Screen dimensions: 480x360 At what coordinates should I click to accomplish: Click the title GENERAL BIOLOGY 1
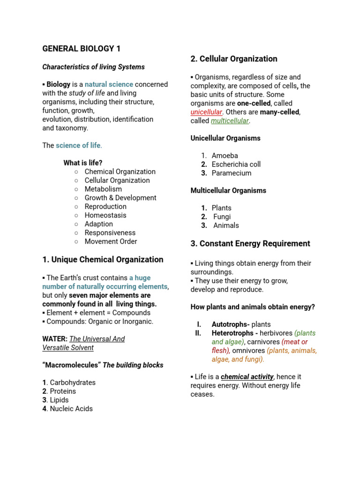[x=82, y=49]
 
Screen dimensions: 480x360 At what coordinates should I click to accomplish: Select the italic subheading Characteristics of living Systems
[x=93, y=67]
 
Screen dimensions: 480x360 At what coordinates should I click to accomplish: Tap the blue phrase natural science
[x=109, y=84]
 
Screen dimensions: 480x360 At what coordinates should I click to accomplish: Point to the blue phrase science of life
[x=78, y=145]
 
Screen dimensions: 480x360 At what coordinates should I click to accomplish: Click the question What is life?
[x=83, y=163]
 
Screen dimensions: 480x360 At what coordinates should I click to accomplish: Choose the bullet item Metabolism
[x=103, y=189]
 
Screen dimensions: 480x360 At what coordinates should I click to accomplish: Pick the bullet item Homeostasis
[x=105, y=216]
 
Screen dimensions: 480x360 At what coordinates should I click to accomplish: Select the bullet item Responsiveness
[x=110, y=233]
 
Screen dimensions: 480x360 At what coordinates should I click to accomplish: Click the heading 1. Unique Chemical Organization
[x=103, y=260]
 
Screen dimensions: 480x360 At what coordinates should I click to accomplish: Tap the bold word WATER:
[x=55, y=339]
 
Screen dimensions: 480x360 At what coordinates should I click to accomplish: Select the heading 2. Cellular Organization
[x=234, y=59]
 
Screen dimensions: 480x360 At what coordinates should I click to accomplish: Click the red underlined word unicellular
[x=206, y=112]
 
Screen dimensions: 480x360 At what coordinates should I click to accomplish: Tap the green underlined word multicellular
[x=230, y=121]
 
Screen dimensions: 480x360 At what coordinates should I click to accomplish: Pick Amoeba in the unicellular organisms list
[x=225, y=156]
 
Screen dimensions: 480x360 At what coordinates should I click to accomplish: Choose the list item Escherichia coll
[x=236, y=165]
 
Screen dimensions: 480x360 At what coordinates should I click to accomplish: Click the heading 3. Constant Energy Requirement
[x=250, y=244]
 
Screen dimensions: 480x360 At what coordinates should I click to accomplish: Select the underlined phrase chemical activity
[x=247, y=377]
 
